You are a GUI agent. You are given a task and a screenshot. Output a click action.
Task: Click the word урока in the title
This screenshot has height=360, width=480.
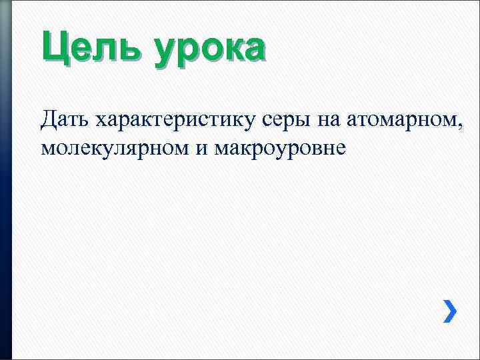click(x=209, y=51)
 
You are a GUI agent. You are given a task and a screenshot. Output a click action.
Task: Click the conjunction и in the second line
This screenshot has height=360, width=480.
click(x=201, y=148)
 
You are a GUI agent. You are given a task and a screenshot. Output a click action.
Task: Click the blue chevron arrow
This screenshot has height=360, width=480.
click(x=451, y=311)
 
